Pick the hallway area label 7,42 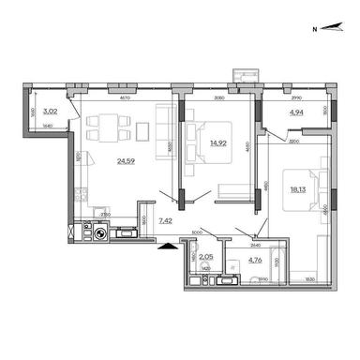(x=166, y=220)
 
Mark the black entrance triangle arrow (x=168, y=246)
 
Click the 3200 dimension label (x=292, y=140)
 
